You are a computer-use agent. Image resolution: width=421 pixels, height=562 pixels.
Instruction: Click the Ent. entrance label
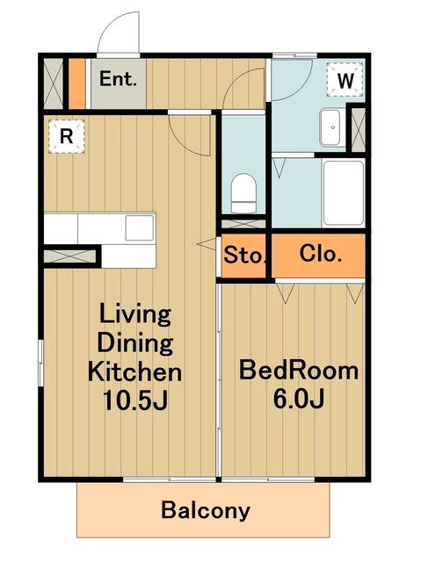[x=118, y=79]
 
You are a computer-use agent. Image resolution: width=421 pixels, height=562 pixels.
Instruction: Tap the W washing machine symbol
[x=345, y=80]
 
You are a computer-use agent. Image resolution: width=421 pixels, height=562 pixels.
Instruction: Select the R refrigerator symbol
[x=66, y=136]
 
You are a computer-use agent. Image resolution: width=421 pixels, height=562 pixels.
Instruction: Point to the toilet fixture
[x=243, y=193]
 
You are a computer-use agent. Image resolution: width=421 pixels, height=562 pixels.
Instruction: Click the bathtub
[x=344, y=193]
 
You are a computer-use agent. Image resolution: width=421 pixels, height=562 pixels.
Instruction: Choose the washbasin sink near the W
[x=330, y=127]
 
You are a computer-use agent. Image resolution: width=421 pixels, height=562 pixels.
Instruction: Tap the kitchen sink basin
[x=140, y=227]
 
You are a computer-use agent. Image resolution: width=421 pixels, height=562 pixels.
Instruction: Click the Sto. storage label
[x=244, y=256]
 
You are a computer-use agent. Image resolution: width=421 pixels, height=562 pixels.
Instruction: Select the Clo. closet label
[x=321, y=254]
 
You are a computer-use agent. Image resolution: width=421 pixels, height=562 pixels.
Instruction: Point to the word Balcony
[x=206, y=510]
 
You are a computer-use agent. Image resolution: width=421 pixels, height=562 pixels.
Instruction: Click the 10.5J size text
[x=135, y=400]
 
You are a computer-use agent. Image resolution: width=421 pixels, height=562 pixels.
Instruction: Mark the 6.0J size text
[x=299, y=399]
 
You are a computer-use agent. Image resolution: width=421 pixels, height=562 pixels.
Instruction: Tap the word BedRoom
[x=299, y=371]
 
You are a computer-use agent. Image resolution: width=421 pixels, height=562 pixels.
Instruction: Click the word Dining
[x=135, y=343]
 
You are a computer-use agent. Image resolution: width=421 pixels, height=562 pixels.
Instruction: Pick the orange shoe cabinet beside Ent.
[x=76, y=83]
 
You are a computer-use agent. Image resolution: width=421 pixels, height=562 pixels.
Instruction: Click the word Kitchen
[x=134, y=371]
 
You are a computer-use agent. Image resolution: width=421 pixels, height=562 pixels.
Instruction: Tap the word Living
[x=135, y=315]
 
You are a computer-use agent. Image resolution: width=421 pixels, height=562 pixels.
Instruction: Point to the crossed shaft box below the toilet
[x=243, y=224]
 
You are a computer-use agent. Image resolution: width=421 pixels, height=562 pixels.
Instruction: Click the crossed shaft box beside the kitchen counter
[x=70, y=256]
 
